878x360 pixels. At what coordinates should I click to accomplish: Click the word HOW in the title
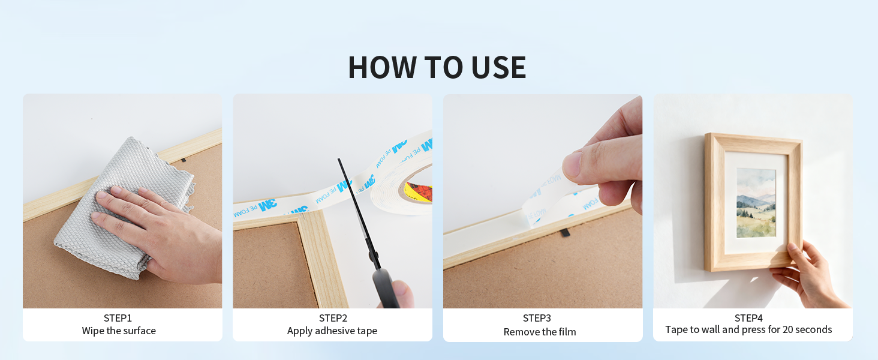pos(382,67)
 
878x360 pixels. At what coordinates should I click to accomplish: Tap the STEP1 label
pos(118,318)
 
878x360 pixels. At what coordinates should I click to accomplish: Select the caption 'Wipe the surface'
pos(119,331)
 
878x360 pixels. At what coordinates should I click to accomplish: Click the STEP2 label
pos(333,318)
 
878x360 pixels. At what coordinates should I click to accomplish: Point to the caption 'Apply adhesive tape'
pos(332,331)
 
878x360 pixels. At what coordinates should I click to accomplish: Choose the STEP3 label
pos(537,318)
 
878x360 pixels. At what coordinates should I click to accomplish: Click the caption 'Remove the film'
pos(540,332)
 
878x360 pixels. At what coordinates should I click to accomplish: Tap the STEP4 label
pos(748,318)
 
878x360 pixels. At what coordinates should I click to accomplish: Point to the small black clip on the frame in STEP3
pos(565,233)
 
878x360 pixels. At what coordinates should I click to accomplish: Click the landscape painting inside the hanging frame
pos(756,203)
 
